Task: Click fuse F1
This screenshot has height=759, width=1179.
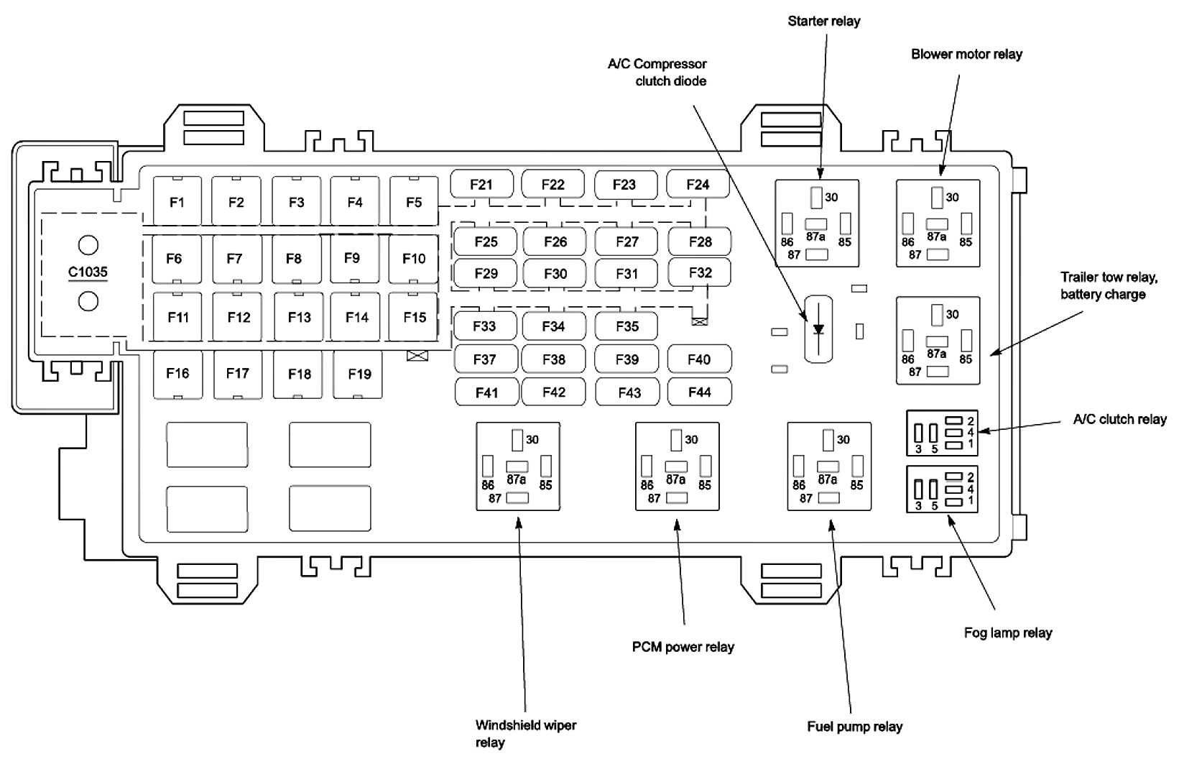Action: [177, 201]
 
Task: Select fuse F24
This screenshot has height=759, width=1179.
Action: [698, 184]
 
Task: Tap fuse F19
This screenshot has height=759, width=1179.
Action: [359, 374]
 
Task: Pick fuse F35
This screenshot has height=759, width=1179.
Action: [627, 326]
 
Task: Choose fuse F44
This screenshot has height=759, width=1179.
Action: [700, 392]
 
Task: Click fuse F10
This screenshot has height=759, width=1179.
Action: [414, 259]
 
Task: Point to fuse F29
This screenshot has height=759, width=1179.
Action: [485, 273]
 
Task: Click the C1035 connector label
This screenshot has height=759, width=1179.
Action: [88, 272]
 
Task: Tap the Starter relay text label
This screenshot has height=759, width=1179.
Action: [824, 21]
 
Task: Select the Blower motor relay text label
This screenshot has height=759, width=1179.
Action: [966, 54]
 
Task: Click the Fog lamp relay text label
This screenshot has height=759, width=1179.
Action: [1008, 632]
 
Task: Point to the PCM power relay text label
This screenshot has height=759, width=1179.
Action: [683, 647]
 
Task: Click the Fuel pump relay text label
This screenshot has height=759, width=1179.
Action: [855, 727]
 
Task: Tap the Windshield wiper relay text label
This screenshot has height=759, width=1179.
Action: [526, 734]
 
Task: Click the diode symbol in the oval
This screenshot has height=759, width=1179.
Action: [818, 329]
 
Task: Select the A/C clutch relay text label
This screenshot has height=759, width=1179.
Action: [1119, 419]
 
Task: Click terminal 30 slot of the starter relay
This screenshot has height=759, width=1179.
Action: [816, 198]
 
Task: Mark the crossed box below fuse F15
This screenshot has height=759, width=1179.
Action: [417, 356]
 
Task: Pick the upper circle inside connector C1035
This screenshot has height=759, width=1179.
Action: [88, 245]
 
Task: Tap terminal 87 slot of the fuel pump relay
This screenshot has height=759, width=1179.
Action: [828, 498]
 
